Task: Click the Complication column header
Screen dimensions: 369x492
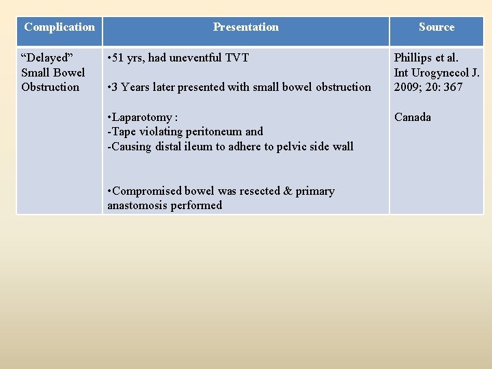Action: pyautogui.click(x=59, y=27)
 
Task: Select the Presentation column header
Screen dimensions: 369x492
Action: pyautogui.click(x=246, y=27)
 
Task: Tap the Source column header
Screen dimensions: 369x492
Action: pyautogui.click(x=437, y=27)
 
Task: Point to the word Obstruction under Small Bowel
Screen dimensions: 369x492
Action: pyautogui.click(x=50, y=87)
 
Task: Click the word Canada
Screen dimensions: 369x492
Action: pyautogui.click(x=413, y=118)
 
